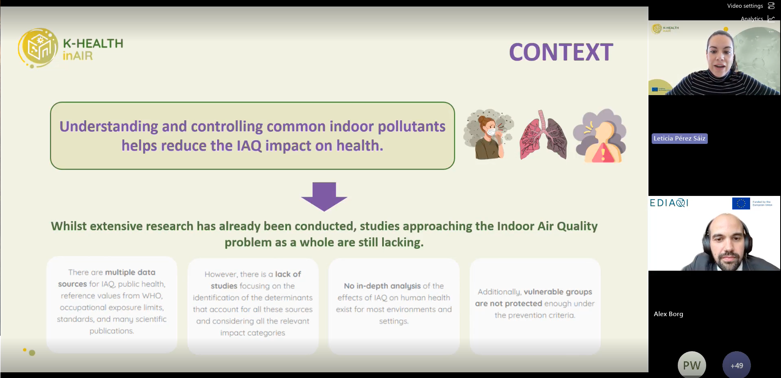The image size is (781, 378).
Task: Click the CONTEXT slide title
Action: (x=561, y=52)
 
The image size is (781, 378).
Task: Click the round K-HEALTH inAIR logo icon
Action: (x=38, y=48)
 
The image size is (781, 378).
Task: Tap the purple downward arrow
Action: (x=324, y=196)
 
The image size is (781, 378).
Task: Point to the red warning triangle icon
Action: (x=603, y=154)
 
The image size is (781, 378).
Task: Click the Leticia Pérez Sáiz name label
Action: (x=679, y=139)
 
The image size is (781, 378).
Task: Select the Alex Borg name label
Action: (x=668, y=314)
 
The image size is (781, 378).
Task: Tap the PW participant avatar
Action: (x=692, y=365)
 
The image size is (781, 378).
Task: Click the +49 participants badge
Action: (x=736, y=365)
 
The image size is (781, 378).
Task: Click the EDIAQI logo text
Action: (x=669, y=203)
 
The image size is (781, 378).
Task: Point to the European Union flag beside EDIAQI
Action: (x=741, y=203)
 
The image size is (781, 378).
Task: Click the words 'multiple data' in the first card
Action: (x=130, y=272)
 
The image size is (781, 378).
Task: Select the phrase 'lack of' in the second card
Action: (x=288, y=274)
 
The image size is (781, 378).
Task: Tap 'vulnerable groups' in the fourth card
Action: (x=557, y=292)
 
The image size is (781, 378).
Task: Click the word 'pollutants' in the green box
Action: (x=411, y=126)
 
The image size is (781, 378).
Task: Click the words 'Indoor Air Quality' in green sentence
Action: (x=547, y=226)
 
